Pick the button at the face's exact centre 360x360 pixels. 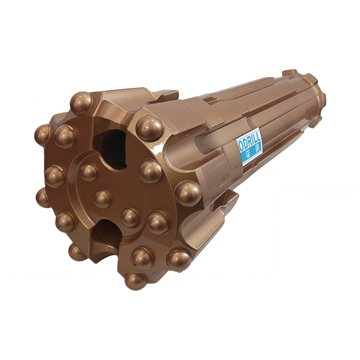coord(102,198)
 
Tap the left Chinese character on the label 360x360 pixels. coord(247,154)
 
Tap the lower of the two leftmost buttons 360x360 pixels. coord(43,197)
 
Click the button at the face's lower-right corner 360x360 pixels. coord(178,260)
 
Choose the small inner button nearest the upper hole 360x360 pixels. coord(89,172)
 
